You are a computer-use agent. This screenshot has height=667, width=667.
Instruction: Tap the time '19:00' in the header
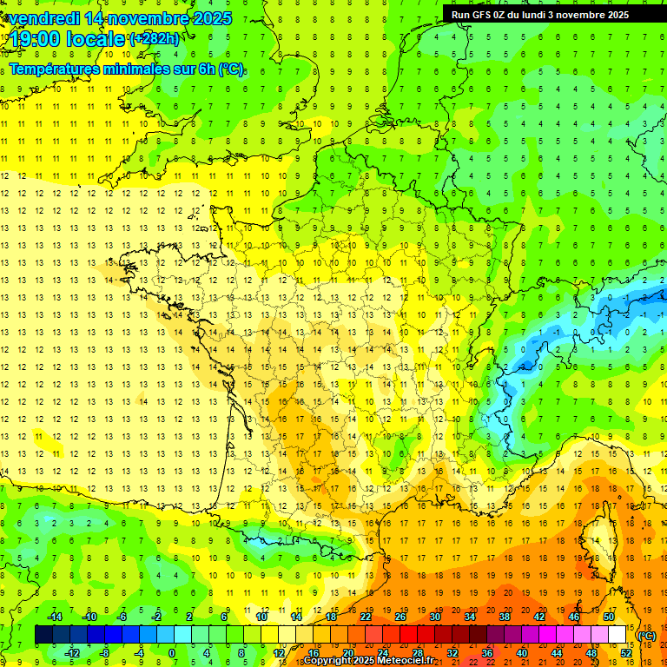36,39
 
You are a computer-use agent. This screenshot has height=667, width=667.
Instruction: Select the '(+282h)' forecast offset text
154,39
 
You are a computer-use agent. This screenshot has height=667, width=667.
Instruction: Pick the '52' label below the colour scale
625,653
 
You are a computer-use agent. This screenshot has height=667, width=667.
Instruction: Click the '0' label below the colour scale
171,653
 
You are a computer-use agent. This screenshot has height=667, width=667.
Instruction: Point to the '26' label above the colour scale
400,617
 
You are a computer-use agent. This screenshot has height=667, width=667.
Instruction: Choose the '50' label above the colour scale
609,617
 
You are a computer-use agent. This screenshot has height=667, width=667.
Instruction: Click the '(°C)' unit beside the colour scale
647,636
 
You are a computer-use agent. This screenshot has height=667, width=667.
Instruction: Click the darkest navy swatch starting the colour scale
43,635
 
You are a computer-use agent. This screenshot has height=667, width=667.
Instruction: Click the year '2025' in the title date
212,18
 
